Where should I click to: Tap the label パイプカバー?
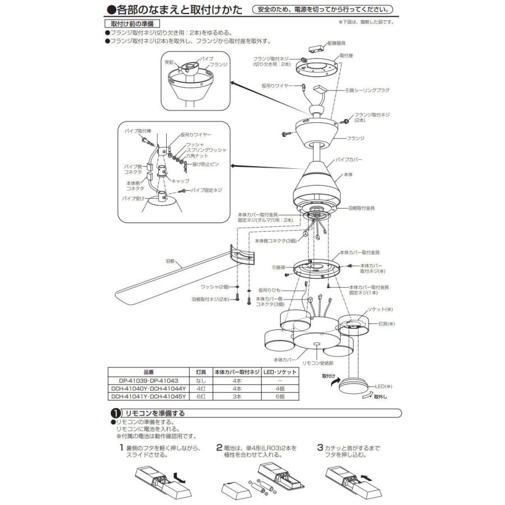(351, 159)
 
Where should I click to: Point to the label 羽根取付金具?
(362, 208)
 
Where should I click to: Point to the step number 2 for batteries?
(219, 448)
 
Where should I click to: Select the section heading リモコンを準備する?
(155, 413)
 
